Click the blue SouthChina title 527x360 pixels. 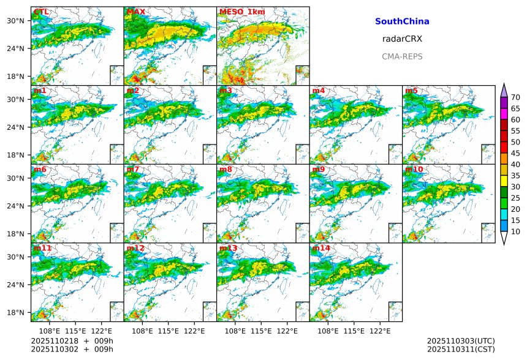[402, 21]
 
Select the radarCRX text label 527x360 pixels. [402, 39]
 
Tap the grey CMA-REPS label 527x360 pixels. [402, 56]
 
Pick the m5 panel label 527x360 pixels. [411, 91]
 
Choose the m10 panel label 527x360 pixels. [414, 169]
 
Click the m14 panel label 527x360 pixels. [320, 248]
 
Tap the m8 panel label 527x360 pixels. [226, 169]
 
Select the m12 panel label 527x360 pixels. [135, 248]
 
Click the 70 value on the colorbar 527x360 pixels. [516, 97]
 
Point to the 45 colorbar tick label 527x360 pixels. [516, 153]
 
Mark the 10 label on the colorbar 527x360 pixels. [516, 231]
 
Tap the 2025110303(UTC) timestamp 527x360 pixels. [461, 340]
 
